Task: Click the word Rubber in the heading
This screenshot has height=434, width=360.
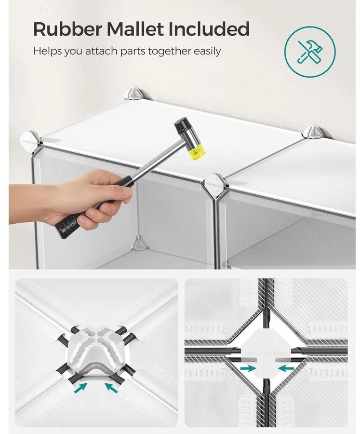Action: [x=68, y=29]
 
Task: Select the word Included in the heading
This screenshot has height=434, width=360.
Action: [x=209, y=29]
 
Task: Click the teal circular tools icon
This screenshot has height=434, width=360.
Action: [x=310, y=52]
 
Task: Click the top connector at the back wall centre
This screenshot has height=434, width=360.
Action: [x=136, y=94]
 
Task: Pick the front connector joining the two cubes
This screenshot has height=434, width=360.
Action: [x=215, y=185]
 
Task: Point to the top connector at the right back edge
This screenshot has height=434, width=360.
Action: [x=313, y=132]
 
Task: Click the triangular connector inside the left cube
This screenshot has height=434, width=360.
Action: [x=140, y=244]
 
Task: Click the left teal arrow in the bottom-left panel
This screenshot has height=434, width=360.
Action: [x=81, y=387]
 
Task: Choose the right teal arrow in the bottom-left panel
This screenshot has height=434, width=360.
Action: [x=111, y=387]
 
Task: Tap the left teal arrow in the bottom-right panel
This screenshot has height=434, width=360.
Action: [x=248, y=368]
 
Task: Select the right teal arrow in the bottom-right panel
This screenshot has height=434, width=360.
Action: [x=286, y=368]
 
